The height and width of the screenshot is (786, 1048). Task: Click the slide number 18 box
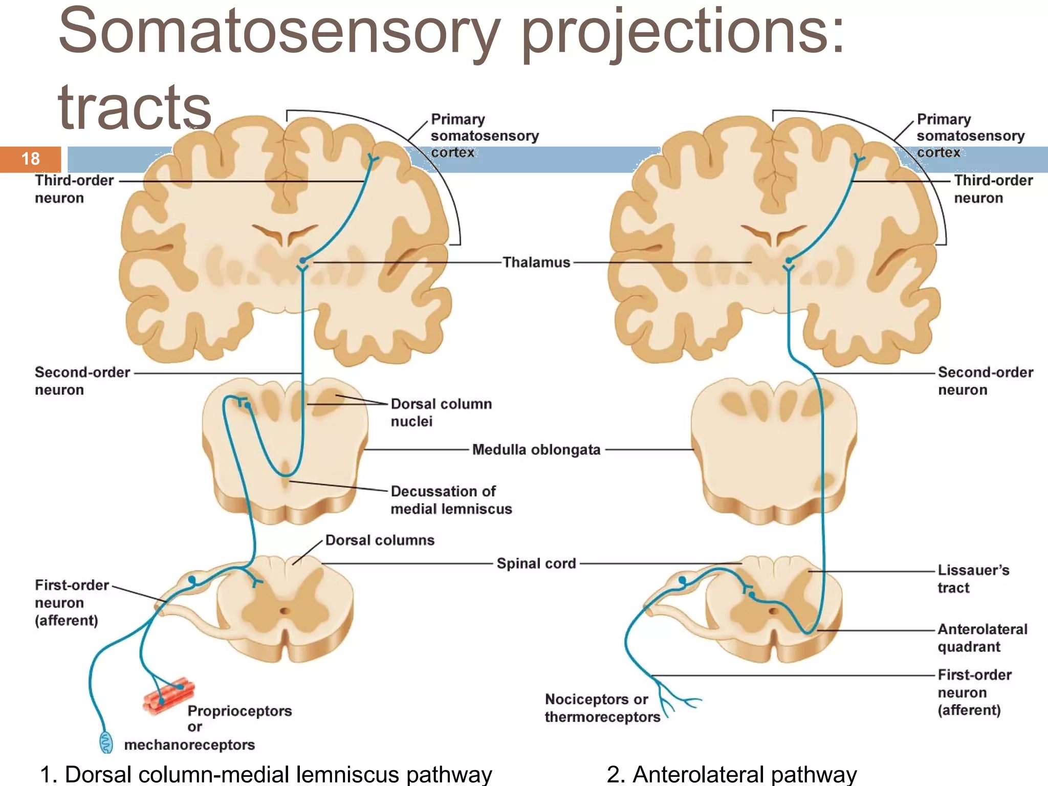[31, 159]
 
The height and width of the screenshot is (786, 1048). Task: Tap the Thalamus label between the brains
[536, 263]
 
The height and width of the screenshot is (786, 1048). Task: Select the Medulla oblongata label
[536, 450]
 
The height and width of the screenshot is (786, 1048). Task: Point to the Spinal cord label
[536, 563]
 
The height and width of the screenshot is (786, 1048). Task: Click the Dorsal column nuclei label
[441, 412]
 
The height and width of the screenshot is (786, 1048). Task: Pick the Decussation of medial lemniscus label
[451, 500]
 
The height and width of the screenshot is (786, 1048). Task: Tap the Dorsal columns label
[380, 540]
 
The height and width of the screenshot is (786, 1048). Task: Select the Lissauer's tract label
[973, 579]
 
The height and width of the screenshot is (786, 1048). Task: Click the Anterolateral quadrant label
[982, 638]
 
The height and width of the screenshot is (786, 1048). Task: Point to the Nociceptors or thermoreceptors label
[601, 708]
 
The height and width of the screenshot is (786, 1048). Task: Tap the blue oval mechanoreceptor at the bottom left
[106, 742]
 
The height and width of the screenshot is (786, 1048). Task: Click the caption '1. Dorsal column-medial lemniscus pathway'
[266, 774]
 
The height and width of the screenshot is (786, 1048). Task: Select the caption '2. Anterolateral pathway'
[731, 774]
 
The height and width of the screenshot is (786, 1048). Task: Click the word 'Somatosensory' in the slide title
[279, 32]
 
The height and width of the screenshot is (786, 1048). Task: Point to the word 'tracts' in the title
[135, 107]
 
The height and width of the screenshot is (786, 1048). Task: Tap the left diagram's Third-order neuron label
[74, 189]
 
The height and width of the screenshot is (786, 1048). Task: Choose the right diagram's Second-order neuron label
[985, 381]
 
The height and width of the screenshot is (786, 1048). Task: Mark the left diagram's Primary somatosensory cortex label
[484, 136]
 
